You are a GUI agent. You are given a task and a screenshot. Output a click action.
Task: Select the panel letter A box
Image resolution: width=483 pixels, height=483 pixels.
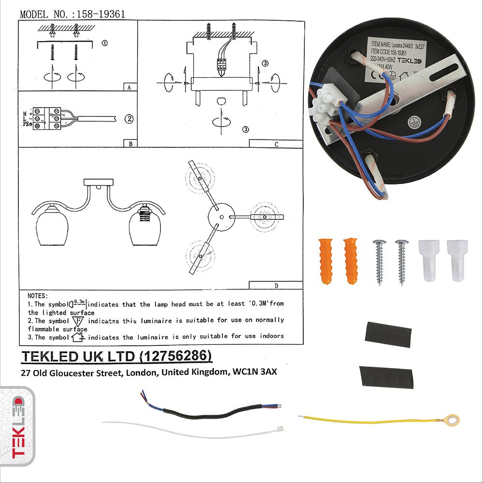click(x=129, y=87)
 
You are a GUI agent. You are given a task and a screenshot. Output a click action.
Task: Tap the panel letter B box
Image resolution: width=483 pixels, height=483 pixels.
click(x=131, y=143)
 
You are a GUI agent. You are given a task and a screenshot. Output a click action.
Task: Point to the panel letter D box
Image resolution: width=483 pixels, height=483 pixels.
click(x=276, y=285)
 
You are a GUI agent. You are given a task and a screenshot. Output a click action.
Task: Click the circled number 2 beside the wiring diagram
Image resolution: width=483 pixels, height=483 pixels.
click(x=128, y=118)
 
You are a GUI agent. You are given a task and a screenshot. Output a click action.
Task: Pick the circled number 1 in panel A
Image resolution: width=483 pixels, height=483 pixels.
click(x=105, y=43)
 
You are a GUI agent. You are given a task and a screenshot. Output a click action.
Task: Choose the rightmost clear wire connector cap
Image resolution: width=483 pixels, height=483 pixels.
click(x=455, y=260)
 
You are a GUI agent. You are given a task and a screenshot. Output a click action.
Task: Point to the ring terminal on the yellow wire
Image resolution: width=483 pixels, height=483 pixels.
click(x=452, y=420)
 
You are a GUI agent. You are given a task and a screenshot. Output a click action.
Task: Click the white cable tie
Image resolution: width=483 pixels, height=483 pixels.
click(x=193, y=429)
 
